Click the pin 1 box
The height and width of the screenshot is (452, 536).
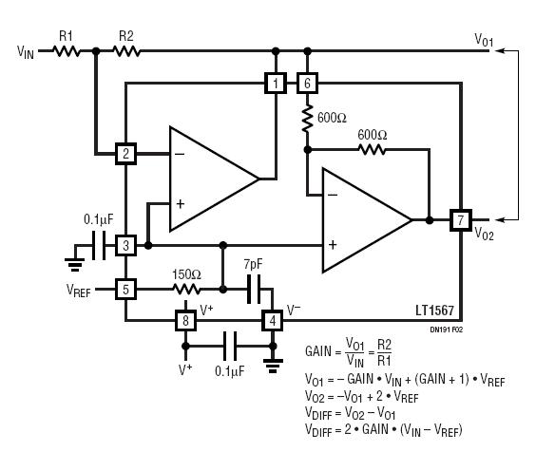(x=276, y=83)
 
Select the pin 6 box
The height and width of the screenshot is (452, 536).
(x=307, y=83)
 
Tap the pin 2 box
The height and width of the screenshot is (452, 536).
(x=125, y=154)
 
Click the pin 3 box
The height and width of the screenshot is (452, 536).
(x=125, y=245)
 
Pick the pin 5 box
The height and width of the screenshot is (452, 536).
(x=125, y=290)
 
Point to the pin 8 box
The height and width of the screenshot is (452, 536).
(x=185, y=320)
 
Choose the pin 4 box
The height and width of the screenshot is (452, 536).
(x=273, y=320)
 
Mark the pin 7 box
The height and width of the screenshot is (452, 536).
(x=461, y=220)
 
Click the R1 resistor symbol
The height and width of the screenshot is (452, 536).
(x=67, y=51)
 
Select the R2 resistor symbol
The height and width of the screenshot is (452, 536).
(x=126, y=51)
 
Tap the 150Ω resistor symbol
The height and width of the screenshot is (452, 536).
(x=186, y=290)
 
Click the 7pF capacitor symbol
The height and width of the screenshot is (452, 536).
(x=254, y=290)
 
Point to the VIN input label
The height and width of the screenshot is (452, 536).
(x=26, y=52)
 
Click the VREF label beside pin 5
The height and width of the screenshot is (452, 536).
(x=78, y=291)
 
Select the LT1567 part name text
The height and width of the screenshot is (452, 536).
(x=435, y=311)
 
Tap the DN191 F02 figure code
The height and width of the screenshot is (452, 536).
(x=446, y=330)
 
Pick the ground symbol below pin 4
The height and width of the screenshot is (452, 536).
(x=273, y=366)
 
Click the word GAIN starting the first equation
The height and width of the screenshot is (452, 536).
(x=318, y=351)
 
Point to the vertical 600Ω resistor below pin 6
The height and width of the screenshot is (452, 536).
(x=307, y=119)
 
